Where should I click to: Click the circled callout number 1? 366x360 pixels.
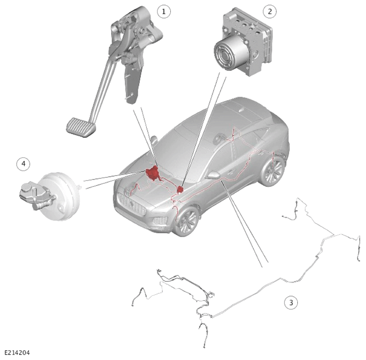pos(163,11)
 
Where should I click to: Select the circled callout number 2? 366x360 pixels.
pos(270,11)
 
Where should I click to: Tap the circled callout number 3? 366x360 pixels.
pos(291,303)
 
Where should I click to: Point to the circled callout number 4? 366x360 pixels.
pos(24,164)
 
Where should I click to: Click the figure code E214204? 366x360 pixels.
pos(17,352)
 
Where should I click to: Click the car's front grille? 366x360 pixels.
pos(132,204)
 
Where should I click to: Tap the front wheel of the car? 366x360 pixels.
pos(187,221)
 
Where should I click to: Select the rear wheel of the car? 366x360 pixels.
pos(273,170)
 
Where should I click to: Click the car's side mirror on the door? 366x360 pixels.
pos(213,175)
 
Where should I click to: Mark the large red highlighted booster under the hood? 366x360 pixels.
pos(153,173)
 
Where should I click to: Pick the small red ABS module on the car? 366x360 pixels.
pos(180,189)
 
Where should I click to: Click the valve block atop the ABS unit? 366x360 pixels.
pos(247,28)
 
